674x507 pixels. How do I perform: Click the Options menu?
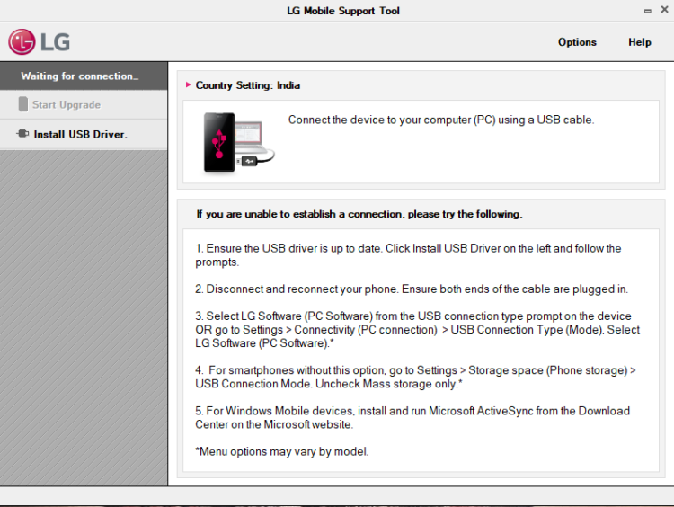[577, 42]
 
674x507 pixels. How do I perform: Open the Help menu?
[640, 42]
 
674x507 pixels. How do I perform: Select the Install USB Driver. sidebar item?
[80, 134]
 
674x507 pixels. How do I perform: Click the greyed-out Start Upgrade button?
[66, 104]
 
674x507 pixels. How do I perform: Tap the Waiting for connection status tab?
[80, 76]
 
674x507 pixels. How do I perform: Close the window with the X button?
[662, 10]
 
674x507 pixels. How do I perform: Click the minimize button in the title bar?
[647, 10]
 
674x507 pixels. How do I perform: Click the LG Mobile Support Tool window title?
[343, 11]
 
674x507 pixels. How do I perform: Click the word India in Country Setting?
[288, 85]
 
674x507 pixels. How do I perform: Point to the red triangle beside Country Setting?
[188, 85]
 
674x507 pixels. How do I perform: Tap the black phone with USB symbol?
[219, 142]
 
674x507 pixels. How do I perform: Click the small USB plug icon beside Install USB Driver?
[22, 134]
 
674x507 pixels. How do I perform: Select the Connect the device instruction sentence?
[441, 120]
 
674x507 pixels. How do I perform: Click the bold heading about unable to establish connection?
[359, 214]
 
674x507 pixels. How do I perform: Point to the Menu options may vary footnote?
[281, 451]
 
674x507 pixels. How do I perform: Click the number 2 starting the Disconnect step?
[199, 289]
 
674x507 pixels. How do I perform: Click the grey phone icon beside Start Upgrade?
[23, 104]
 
